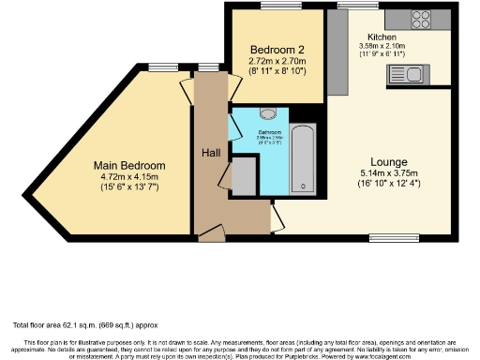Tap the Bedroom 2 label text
pos(274,49)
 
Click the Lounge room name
pos(385,161)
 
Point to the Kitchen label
pos(382,37)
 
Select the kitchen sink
pos(414,75)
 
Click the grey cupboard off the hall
pos(244,175)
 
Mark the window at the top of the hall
pos(208,68)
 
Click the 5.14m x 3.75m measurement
pos(385,174)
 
